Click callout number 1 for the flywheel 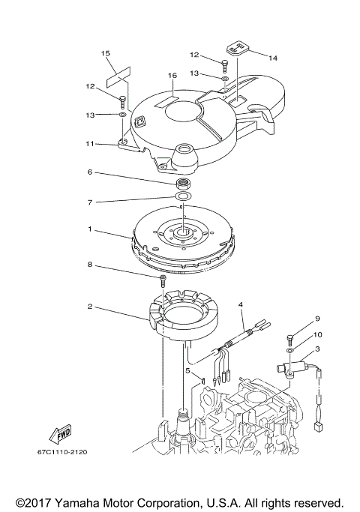click(90, 229)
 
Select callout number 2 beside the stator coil click(90, 307)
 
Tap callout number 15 click(106, 53)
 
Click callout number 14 click(272, 58)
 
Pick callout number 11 click(90, 143)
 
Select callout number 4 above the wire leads click(242, 304)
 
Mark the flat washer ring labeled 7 click(181, 198)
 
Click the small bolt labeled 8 click(163, 280)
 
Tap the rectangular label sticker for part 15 click(118, 74)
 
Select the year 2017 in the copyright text click(32, 502)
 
